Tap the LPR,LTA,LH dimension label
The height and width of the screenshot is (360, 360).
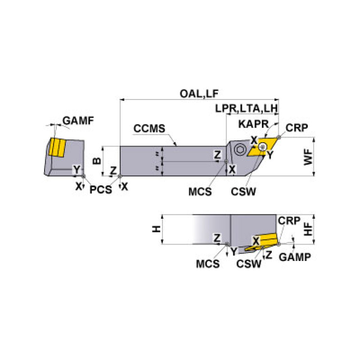click(x=247, y=108)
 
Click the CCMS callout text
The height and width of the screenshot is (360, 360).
click(x=149, y=128)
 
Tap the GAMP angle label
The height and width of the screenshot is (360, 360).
click(x=294, y=257)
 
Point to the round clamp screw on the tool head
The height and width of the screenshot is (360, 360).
click(x=240, y=149)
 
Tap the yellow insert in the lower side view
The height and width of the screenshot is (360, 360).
click(x=265, y=240)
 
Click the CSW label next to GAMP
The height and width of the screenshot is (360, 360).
click(x=249, y=263)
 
